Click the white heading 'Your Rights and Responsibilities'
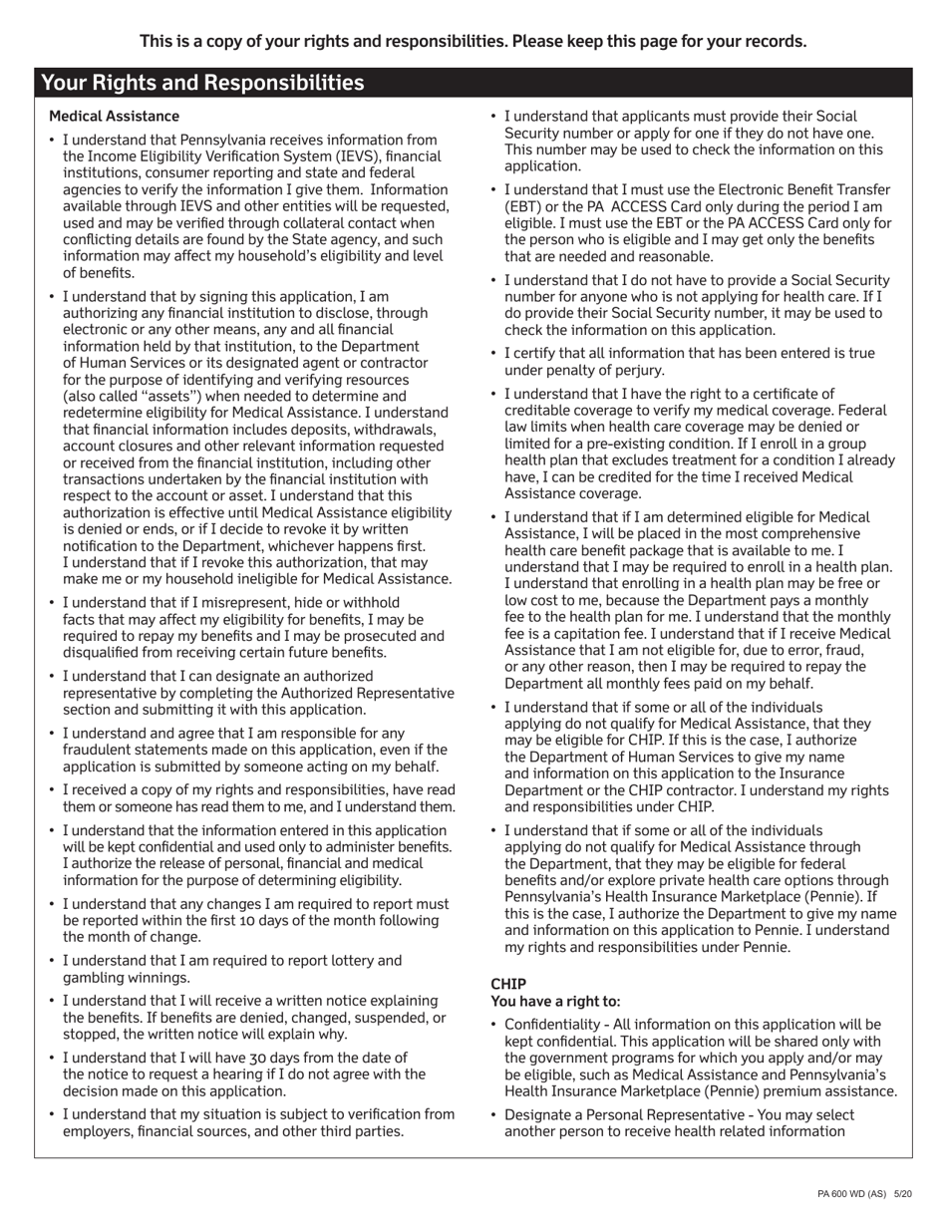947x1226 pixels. pyautogui.click(x=202, y=83)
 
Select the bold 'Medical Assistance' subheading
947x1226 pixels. pyautogui.click(x=114, y=117)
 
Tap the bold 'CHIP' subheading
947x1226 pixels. pyautogui.click(x=508, y=984)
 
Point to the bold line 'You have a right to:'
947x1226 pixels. pyautogui.click(x=555, y=1001)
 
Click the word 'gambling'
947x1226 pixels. pyautogui.click(x=95, y=978)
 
